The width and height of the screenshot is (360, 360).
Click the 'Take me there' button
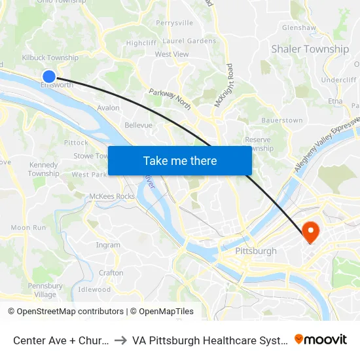180,160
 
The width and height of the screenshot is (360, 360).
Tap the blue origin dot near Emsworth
49,76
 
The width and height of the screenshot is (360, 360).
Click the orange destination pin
310,231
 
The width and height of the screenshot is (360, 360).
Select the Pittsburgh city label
255,251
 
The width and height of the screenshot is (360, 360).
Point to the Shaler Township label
310,49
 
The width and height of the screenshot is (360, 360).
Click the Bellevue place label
138,125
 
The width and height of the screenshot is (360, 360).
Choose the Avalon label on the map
108,108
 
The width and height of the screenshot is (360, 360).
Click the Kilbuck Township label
50,58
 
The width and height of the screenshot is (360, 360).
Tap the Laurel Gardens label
189,41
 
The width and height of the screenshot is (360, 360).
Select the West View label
171,54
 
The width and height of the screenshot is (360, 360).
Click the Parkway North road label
170,99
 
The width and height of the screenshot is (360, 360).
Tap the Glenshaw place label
298,28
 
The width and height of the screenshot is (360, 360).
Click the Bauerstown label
281,120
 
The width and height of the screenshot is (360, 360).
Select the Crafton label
111,273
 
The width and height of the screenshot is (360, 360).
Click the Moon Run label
28,227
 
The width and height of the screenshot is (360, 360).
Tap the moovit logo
321,340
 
